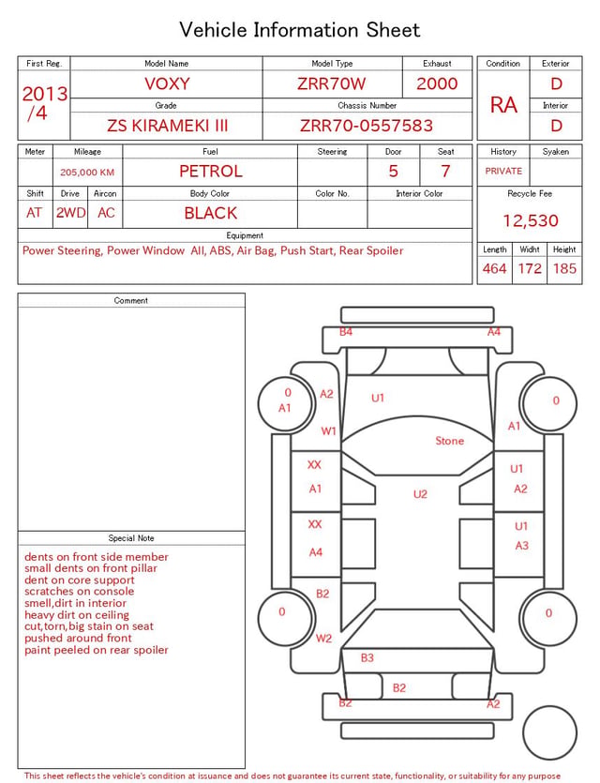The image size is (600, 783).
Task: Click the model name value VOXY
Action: (167, 83)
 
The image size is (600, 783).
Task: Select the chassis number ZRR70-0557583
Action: (367, 126)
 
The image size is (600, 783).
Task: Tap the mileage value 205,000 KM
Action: (87, 173)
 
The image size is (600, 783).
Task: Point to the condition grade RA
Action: (503, 105)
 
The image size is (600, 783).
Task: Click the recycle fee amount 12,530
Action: (530, 220)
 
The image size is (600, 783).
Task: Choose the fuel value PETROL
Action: (211, 172)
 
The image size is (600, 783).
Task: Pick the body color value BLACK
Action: (211, 213)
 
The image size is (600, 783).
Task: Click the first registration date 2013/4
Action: (44, 103)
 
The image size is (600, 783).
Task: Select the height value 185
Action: (564, 268)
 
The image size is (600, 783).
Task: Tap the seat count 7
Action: (445, 172)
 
